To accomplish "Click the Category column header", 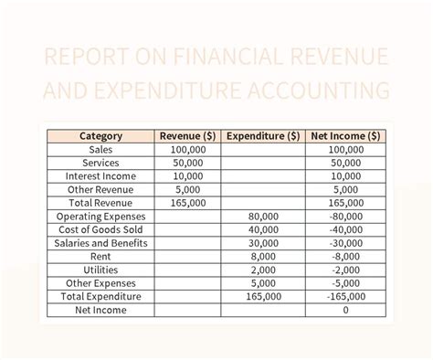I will (100, 136).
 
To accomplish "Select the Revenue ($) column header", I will (187, 136).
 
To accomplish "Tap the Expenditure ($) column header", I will (262, 136).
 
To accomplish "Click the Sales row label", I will (100, 150).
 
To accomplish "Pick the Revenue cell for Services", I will (187, 163).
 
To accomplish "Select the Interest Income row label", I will (100, 176).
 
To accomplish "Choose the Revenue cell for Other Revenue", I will (187, 189).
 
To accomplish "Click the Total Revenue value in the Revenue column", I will (187, 203).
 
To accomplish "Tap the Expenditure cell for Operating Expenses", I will (262, 217).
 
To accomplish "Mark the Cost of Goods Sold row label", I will (100, 229).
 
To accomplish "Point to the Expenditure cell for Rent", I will (262, 257).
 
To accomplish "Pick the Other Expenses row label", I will (100, 283).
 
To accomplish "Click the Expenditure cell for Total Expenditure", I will (262, 297).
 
